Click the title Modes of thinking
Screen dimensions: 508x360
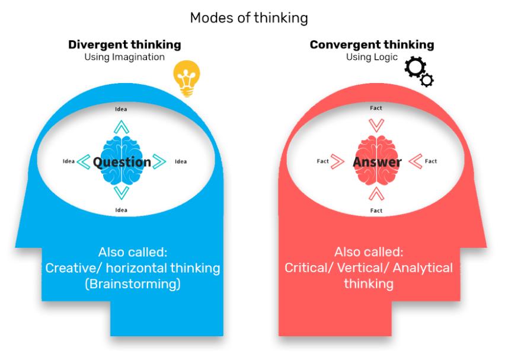[x=248, y=18]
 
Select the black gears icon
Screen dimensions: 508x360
[x=418, y=72]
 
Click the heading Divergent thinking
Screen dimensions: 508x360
[x=124, y=45]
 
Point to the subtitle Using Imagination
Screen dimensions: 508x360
[x=124, y=57]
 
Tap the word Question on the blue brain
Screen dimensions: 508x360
[x=122, y=162]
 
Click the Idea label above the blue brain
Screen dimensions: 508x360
[x=121, y=109]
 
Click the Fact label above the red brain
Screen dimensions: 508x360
[x=376, y=109]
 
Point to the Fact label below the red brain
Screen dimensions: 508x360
[x=376, y=211]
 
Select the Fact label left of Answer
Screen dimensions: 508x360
[x=322, y=161]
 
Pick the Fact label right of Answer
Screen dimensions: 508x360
[x=431, y=161]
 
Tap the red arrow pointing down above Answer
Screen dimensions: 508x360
[x=376, y=126]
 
